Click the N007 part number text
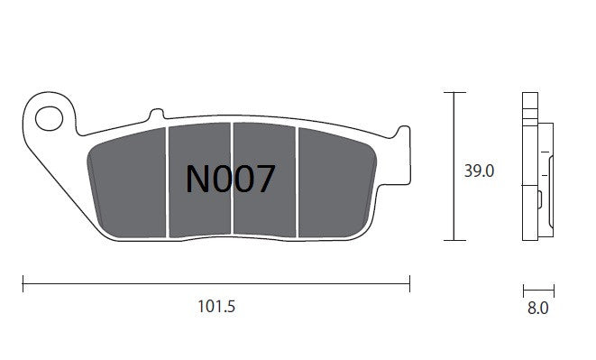[x=229, y=179]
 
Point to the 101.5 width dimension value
[x=215, y=308]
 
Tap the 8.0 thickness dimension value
[x=538, y=309]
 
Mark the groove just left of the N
[x=168, y=179]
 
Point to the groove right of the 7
[x=297, y=179]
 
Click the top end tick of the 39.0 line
[x=454, y=94]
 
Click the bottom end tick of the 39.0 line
[x=454, y=240]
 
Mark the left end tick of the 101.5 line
[x=23, y=286]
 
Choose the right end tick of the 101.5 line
[x=409, y=286]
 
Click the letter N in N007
[x=197, y=179]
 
